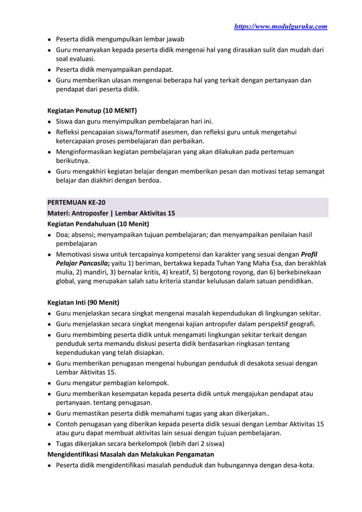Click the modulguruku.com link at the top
pos(281,26)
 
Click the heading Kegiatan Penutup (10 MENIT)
pos(91,110)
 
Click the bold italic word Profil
pos(310,254)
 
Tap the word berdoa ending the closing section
pos(148,181)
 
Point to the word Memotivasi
pos(74,254)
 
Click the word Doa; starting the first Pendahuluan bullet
pos(63,234)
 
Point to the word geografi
pos(301,324)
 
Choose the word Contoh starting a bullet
pos(68,423)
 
